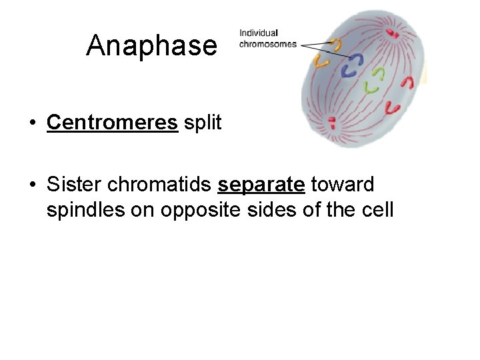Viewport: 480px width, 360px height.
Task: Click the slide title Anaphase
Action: [151, 46]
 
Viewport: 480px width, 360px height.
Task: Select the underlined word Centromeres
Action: [112, 123]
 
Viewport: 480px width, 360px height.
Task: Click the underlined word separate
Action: [261, 184]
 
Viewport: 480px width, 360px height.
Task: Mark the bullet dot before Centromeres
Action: [31, 124]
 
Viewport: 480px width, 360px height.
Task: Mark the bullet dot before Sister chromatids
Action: [31, 185]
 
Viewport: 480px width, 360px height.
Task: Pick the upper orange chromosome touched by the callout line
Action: [337, 44]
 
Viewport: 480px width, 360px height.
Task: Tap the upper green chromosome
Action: [379, 71]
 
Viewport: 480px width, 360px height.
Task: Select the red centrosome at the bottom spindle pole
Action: [331, 122]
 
